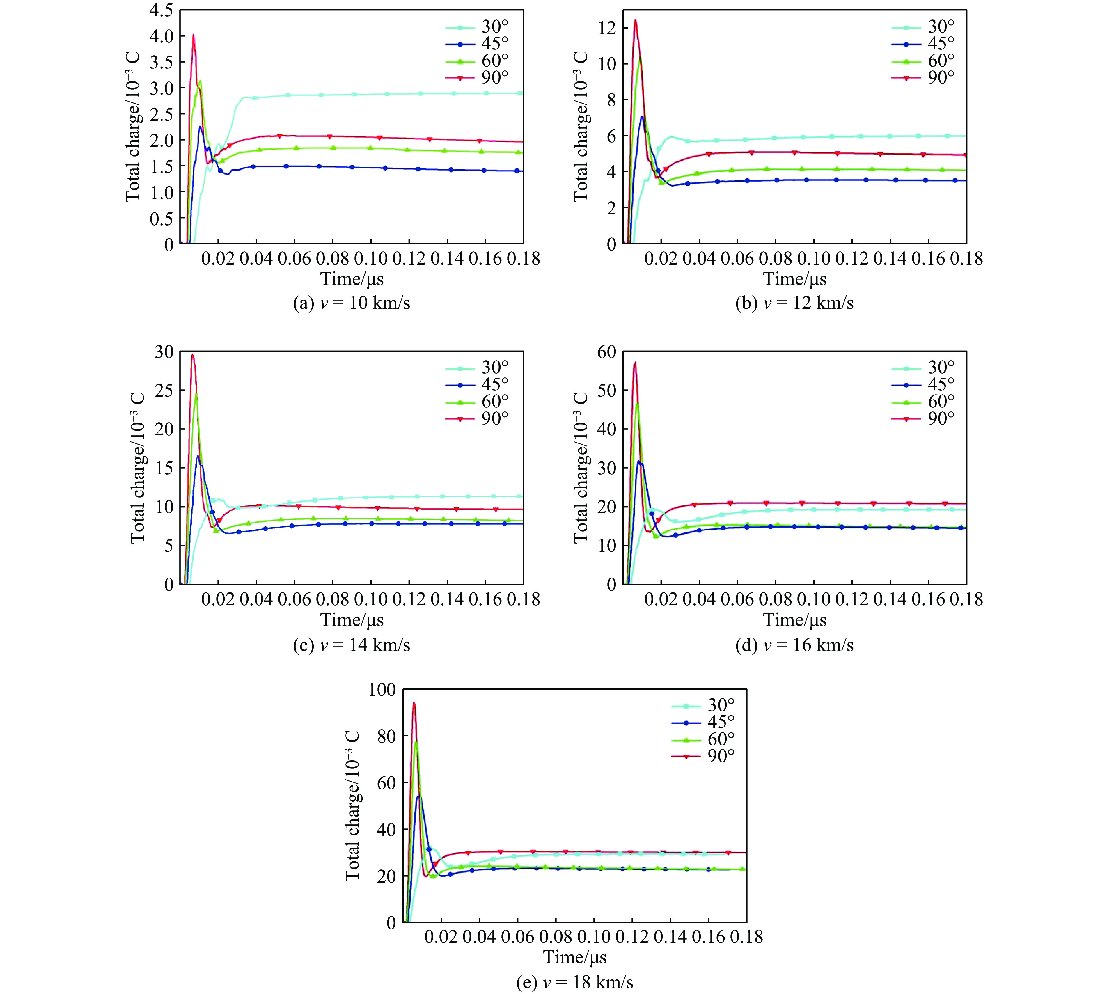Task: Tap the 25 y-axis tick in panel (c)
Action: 162,390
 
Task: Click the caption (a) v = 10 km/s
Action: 352,303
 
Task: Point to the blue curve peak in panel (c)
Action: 198,456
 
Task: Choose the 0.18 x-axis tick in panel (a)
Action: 523,258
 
